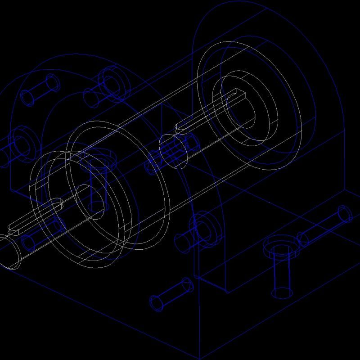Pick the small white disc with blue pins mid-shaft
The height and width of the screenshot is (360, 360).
(173, 151)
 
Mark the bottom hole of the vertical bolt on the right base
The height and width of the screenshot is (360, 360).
(282, 293)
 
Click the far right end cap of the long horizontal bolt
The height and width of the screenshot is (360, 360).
(345, 213)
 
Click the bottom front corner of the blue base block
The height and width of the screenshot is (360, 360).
(199, 358)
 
